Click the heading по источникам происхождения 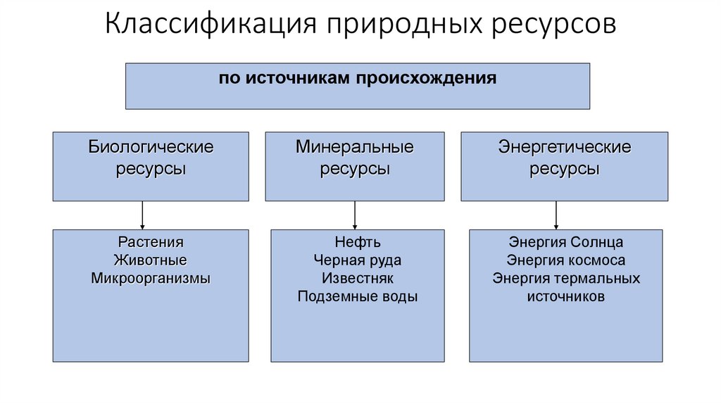coord(358,78)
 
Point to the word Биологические coord(151,148)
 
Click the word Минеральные coord(355,148)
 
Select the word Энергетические coord(565,148)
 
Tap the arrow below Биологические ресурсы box coord(143,215)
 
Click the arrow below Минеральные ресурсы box coord(355,215)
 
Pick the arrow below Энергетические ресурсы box coord(557,215)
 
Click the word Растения coord(151,242)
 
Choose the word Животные coord(151,260)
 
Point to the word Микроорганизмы coord(151,278)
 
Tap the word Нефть coord(358,242)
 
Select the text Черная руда coord(358,260)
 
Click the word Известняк coord(358,278)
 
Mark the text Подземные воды coord(358,296)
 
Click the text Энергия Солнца coord(566,242)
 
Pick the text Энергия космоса coord(566,260)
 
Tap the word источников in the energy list coord(566,296)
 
